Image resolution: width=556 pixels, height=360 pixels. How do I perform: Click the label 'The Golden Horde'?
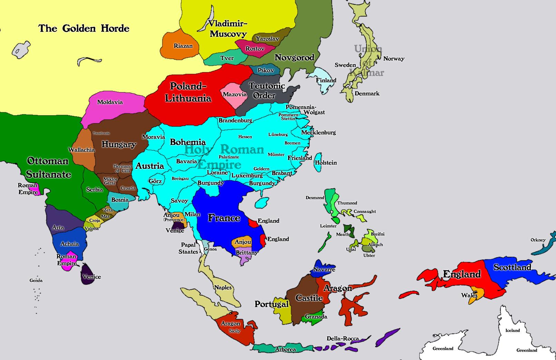click(x=84, y=28)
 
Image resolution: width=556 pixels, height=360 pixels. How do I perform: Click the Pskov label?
click(x=266, y=70)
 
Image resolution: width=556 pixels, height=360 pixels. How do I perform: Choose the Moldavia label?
click(x=110, y=102)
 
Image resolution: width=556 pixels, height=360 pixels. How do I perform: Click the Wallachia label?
click(x=81, y=150)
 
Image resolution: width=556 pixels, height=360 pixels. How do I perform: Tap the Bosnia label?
click(x=120, y=200)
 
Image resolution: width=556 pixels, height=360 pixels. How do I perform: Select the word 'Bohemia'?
click(x=188, y=142)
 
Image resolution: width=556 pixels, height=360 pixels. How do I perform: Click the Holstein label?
click(x=326, y=163)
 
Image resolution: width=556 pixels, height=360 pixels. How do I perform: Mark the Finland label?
click(x=326, y=80)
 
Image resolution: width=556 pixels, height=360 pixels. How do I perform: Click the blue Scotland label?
click(x=512, y=267)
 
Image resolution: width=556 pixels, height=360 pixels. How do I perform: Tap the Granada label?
click(x=316, y=317)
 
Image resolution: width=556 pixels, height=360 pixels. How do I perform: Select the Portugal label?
click(x=271, y=304)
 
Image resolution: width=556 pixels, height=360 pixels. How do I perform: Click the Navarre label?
click(x=324, y=270)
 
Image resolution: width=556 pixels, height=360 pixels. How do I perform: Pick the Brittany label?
click(x=247, y=253)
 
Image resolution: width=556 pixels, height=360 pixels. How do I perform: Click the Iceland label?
click(x=513, y=330)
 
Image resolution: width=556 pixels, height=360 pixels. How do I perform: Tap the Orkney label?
click(x=538, y=240)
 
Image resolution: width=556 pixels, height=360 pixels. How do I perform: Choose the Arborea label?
click(x=285, y=349)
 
